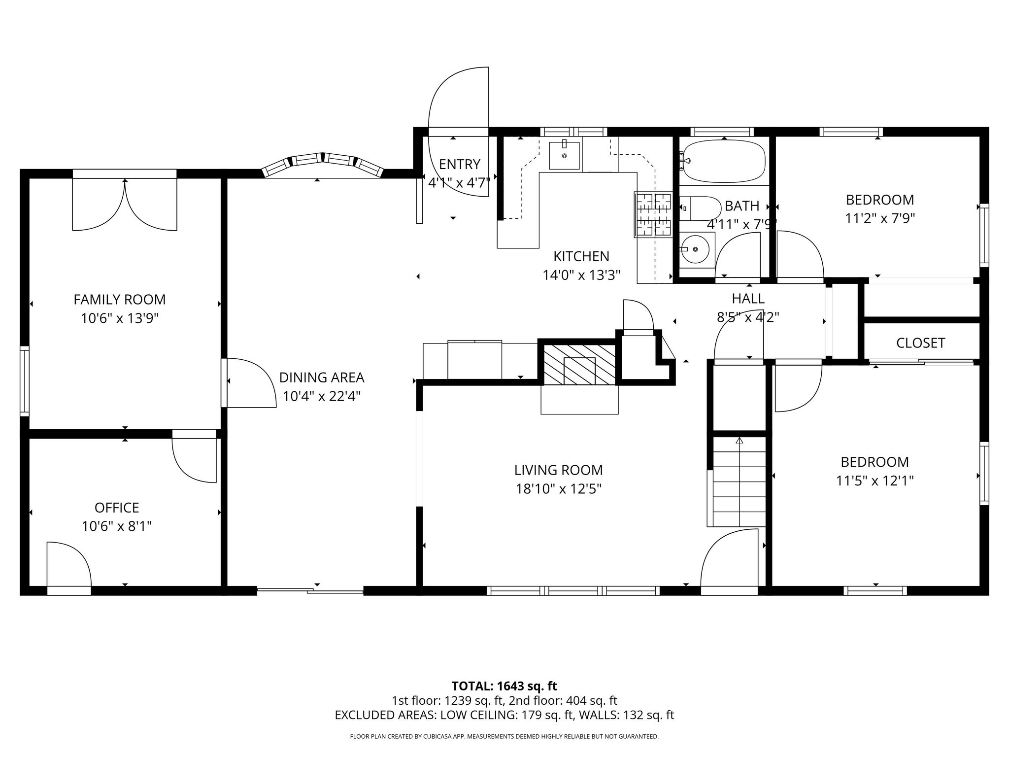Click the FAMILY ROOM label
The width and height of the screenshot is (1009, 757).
(x=120, y=299)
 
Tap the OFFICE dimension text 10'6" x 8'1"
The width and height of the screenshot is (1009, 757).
(x=117, y=526)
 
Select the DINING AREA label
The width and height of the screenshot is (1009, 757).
(x=322, y=378)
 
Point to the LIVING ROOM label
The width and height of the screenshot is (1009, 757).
(x=559, y=470)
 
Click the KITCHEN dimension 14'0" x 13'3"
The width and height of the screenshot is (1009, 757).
(x=581, y=275)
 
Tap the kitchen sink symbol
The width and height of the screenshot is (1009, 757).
(x=565, y=155)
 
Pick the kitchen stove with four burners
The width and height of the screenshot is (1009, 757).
(x=653, y=214)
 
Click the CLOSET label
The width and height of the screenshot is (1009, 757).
(x=920, y=343)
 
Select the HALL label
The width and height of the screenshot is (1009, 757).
(x=748, y=299)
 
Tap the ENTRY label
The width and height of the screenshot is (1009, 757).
(x=459, y=164)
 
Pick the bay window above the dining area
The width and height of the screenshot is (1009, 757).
(x=323, y=164)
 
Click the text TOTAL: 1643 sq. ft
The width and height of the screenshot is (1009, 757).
(x=504, y=686)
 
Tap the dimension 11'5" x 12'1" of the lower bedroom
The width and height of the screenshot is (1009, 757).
(x=875, y=481)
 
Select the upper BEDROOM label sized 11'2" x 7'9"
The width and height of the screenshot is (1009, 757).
(x=880, y=200)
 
